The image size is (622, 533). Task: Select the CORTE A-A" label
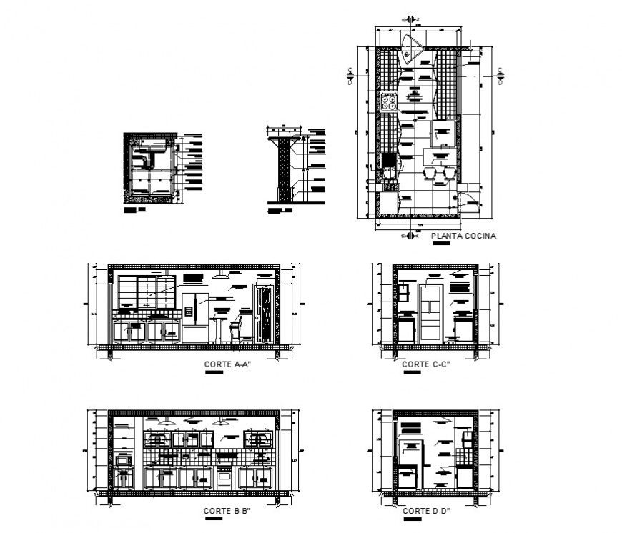(227, 364)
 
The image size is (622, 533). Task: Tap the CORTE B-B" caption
(226, 511)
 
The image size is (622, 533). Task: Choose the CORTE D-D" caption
(425, 511)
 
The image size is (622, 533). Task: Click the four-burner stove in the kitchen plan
(389, 103)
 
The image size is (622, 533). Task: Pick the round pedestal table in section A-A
(218, 328)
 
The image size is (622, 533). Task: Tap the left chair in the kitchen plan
(432, 176)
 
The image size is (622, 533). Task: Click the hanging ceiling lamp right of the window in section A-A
(223, 272)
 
